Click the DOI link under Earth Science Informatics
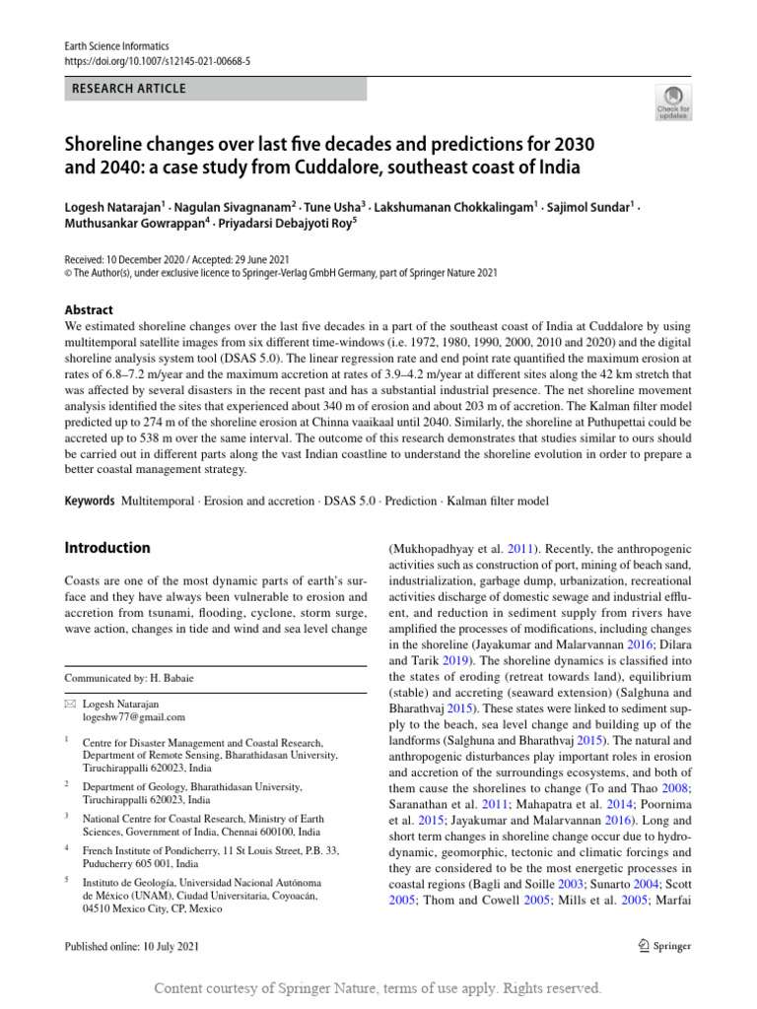point(157,60)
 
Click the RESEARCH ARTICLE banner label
point(128,89)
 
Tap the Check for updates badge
point(673,102)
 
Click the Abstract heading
point(89,309)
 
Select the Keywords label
point(89,502)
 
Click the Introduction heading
point(107,548)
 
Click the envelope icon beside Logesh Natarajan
point(69,705)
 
